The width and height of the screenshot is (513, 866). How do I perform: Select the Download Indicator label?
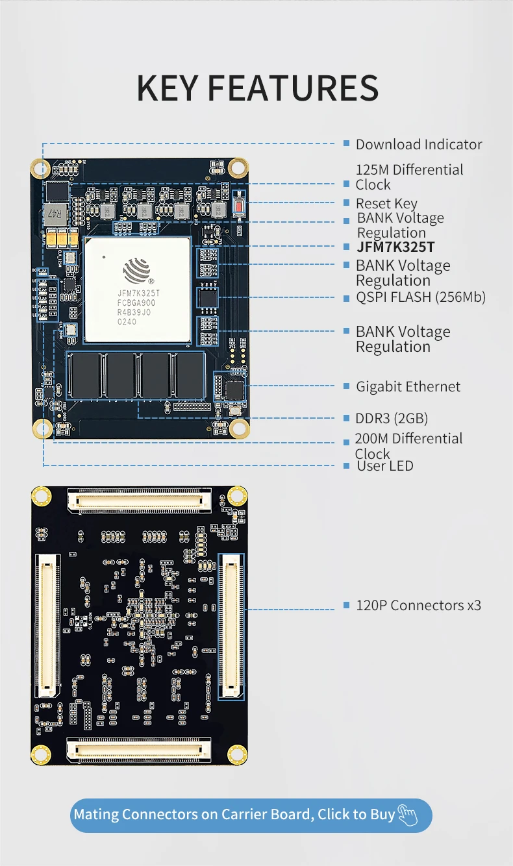pyautogui.click(x=419, y=145)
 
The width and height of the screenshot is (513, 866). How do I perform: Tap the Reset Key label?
pyautogui.click(x=386, y=204)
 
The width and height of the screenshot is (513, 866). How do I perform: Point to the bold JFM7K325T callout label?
pyautogui.click(x=395, y=247)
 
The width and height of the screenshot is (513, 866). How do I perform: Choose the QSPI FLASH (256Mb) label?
pyautogui.click(x=420, y=297)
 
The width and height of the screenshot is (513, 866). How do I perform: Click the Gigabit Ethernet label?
pyautogui.click(x=408, y=387)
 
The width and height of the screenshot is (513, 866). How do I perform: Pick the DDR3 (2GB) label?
pyautogui.click(x=392, y=418)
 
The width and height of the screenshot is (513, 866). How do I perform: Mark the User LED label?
pyautogui.click(x=384, y=466)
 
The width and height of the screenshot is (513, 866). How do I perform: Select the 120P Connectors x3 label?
pyautogui.click(x=418, y=606)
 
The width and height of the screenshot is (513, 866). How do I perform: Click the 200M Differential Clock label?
pyautogui.click(x=408, y=446)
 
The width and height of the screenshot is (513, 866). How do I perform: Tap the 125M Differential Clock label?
pyautogui.click(x=409, y=177)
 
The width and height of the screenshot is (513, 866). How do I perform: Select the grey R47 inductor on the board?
pyautogui.click(x=56, y=213)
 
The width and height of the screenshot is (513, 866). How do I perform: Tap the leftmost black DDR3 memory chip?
pyautogui.click(x=85, y=375)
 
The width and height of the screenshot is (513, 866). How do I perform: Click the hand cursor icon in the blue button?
pyautogui.click(x=408, y=815)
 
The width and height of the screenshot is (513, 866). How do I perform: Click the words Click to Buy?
pyautogui.click(x=356, y=815)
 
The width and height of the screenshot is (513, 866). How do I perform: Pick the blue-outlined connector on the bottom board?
pyautogui.click(x=232, y=625)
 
